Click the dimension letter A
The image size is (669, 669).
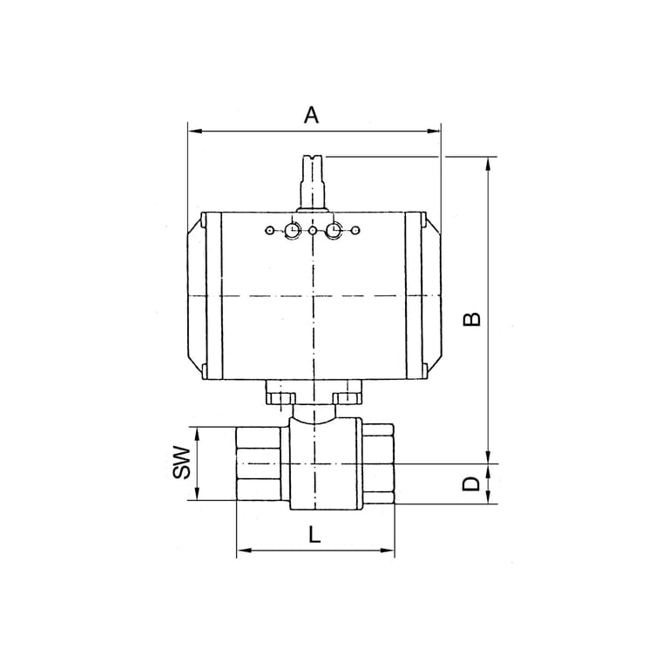(x=312, y=115)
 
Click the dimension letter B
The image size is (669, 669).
(x=472, y=319)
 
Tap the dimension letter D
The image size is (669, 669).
(x=472, y=483)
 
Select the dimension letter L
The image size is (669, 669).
(x=314, y=534)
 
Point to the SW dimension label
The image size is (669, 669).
(x=181, y=463)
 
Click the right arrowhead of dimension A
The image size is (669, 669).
(x=434, y=131)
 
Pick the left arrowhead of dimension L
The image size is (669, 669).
(x=243, y=551)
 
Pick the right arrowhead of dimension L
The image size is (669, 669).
(x=388, y=551)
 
